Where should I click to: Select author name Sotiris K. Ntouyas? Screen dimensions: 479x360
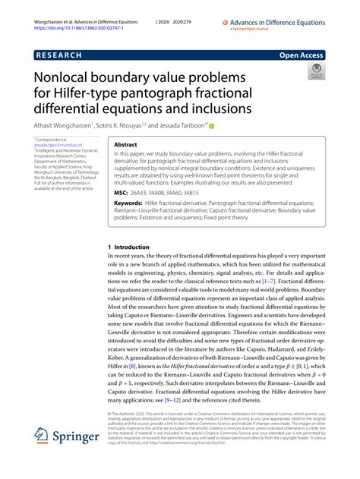[x=121, y=125]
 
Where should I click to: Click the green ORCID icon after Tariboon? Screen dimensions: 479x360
[x=212, y=125]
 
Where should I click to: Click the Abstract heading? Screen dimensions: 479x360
[x=126, y=143]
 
